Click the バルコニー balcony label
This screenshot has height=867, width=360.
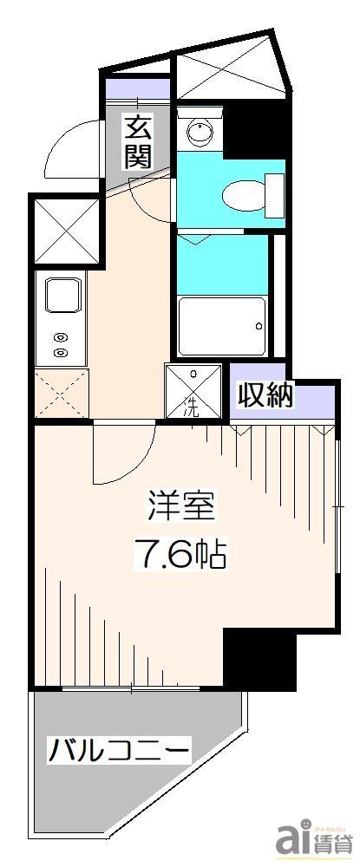click(x=119, y=746)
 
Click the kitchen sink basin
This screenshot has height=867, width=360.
click(x=63, y=297)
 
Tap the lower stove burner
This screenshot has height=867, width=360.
click(x=60, y=352)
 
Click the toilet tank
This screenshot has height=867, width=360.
click(x=274, y=195)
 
